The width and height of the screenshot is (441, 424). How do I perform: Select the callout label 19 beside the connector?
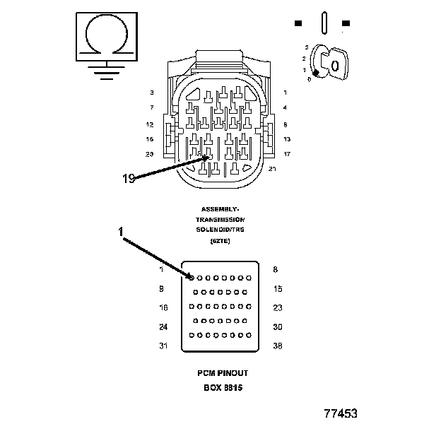128,179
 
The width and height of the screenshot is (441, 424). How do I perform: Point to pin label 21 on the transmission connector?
273,168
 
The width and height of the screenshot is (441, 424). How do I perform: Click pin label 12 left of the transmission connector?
150,124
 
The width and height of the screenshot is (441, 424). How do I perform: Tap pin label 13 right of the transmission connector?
286,139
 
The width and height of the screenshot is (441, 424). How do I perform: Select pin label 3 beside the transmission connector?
151,93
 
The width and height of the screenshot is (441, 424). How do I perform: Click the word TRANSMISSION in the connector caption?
220,220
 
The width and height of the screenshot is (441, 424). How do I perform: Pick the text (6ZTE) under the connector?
220,241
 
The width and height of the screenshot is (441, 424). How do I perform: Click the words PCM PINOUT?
223,372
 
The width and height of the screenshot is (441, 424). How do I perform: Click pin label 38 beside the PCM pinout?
277,346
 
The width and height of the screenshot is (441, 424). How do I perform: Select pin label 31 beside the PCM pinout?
163,346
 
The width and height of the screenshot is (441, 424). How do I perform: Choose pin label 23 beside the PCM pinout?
277,307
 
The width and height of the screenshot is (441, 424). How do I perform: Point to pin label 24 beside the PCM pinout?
163,326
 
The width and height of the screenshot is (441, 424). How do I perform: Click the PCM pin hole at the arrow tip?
192,278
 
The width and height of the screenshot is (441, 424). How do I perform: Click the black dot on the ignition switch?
316,72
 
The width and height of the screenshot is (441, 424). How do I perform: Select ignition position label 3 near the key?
306,47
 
